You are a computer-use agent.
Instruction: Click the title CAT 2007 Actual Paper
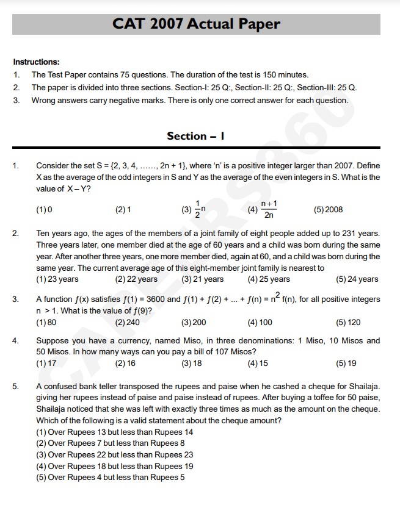click(x=196, y=24)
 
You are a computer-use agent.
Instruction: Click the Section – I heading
click(x=196, y=136)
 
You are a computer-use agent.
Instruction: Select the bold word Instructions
click(x=37, y=62)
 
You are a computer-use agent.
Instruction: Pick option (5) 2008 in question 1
click(x=328, y=210)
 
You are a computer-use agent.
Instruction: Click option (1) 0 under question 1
click(x=44, y=210)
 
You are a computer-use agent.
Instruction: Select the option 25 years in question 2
click(x=269, y=279)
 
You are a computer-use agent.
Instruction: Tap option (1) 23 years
click(x=57, y=279)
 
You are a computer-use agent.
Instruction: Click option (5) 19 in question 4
click(x=346, y=364)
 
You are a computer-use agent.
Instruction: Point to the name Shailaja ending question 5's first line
click(x=363, y=387)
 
